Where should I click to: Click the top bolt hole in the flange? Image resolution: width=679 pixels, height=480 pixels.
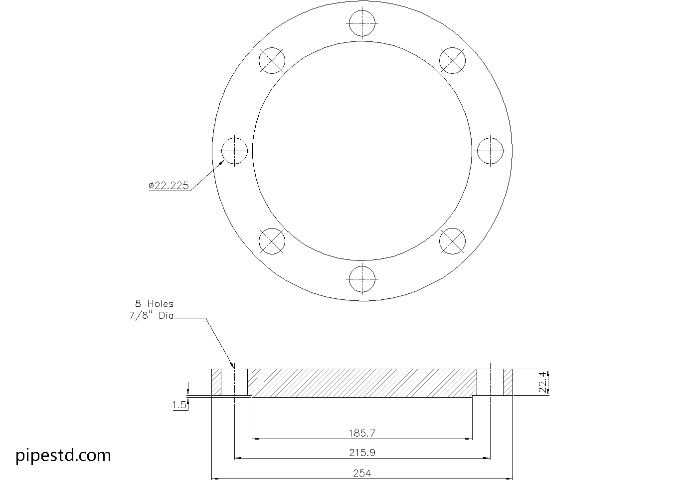pos(362,23)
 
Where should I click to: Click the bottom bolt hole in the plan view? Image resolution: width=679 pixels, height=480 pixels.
pos(362,279)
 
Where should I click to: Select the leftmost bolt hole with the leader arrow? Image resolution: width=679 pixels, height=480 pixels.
pos(234,151)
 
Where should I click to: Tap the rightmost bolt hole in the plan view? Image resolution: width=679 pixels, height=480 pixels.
pos(490,151)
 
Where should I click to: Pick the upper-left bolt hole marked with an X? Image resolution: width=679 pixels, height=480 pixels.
pos(272,60)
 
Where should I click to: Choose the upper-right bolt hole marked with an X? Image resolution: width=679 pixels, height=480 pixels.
pos(452,60)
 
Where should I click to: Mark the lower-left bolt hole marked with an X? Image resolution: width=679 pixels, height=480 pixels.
pos(272,241)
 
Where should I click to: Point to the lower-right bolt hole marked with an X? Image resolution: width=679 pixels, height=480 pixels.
pos(452,241)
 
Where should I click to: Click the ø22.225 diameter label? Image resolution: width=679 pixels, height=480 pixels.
pos(169,186)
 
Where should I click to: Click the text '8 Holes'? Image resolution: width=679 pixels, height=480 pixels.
pos(154,303)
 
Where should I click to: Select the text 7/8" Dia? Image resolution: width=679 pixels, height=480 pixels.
pos(151,316)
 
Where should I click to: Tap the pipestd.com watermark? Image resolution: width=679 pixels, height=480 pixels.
pos(63,455)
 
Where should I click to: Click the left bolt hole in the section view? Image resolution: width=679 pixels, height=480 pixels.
pos(234,382)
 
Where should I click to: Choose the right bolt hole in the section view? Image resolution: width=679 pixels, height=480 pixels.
pos(490,382)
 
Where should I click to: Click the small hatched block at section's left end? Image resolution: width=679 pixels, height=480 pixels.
pos(216,382)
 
